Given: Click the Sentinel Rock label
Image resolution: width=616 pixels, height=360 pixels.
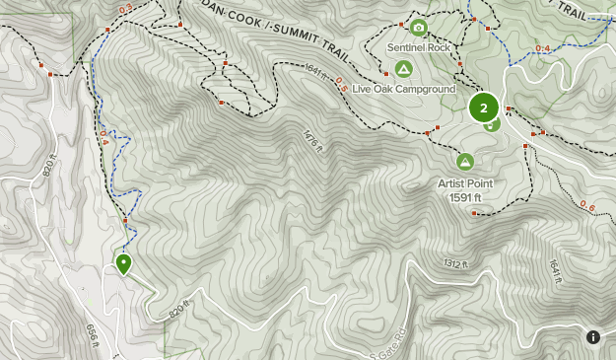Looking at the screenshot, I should [x=418, y=47].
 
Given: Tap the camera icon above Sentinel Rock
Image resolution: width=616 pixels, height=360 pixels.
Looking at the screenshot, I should [x=418, y=28].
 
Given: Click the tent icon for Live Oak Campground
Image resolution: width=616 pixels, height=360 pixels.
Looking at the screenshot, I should [x=402, y=69].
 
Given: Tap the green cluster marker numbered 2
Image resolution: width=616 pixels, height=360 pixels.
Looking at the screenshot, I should [x=483, y=107].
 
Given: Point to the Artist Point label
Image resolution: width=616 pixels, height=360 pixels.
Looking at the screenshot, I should [x=465, y=183].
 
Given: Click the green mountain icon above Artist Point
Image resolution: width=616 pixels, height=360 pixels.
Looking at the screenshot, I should [x=464, y=162].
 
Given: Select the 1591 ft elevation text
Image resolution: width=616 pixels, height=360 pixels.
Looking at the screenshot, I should [x=464, y=197].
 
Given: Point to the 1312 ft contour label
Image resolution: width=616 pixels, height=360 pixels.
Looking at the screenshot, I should [x=454, y=264].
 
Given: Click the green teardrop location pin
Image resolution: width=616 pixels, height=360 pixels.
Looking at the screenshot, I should [x=124, y=263].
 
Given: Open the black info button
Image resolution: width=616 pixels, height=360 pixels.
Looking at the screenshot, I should [x=593, y=337].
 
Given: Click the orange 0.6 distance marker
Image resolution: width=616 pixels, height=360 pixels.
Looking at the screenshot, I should [x=587, y=206].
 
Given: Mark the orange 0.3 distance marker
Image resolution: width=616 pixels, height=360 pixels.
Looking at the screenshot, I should [x=125, y=10].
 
